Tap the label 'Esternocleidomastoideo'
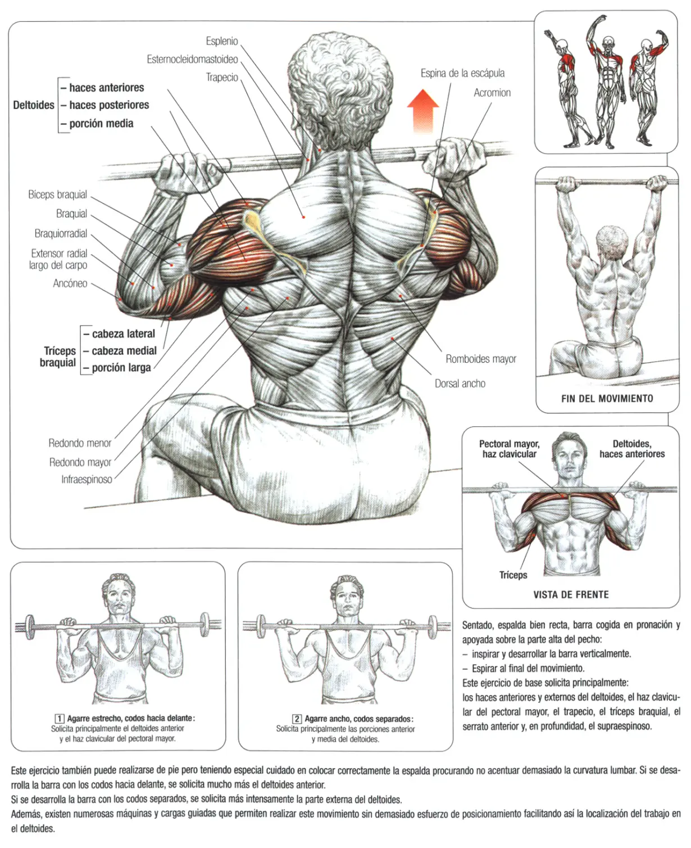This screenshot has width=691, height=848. coord(192,60)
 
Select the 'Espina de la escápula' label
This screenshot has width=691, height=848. coord(462,73)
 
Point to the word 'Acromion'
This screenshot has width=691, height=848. coord(492,93)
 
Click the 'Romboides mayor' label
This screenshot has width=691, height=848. coord(480,359)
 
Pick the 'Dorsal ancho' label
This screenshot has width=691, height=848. coord(460,384)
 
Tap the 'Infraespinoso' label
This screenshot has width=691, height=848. coord(87,480)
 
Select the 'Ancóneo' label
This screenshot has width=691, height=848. coord(70,283)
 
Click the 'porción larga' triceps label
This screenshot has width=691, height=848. coord(121,368)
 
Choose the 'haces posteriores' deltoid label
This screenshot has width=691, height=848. coord(109,105)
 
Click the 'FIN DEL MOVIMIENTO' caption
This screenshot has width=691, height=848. coord(607,399)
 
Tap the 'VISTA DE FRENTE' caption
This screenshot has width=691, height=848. coord(571,594)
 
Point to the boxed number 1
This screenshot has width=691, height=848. coord(60,719)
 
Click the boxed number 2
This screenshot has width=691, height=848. coord(297,719)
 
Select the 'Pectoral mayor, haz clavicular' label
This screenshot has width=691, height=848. coord(509,449)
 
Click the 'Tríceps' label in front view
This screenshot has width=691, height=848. coord(513,575)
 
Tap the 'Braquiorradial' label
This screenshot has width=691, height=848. coord(61,233)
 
